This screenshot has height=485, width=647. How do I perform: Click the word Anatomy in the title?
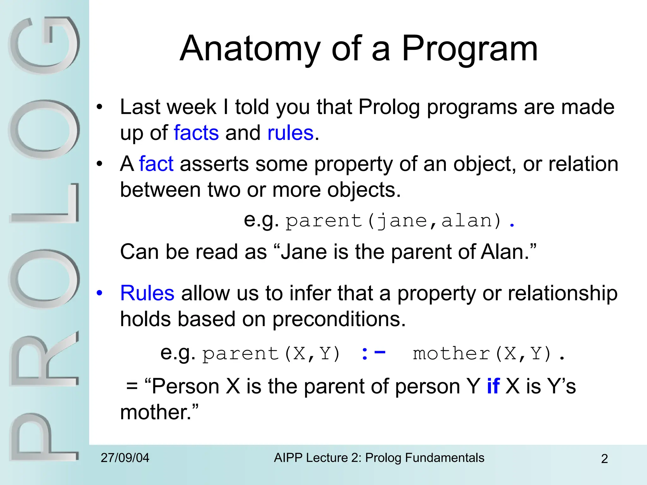pos(250,49)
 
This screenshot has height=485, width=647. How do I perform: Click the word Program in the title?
pos(469,49)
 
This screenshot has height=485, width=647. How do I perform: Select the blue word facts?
pos(196,133)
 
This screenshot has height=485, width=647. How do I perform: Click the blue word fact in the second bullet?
pos(156,164)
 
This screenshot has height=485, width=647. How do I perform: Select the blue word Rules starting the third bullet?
pos(147,293)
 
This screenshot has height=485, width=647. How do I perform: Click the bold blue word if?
pos(493,386)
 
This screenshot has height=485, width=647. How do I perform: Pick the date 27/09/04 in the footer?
pos(125,458)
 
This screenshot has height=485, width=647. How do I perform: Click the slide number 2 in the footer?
pos(604,459)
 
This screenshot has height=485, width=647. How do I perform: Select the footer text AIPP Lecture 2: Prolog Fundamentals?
pos(379,458)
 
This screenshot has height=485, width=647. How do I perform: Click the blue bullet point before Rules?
pos(100,293)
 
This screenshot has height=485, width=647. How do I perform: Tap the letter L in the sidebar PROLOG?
pos(44,204)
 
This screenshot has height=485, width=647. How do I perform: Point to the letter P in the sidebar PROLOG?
pos(44,437)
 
